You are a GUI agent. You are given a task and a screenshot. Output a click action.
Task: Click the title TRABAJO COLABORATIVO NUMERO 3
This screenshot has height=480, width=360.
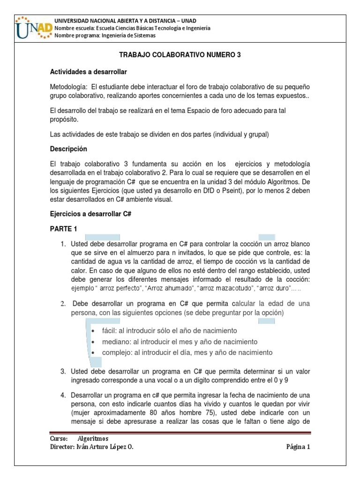[x=180, y=55]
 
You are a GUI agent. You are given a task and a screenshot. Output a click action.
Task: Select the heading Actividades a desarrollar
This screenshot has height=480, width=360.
[x=88, y=72]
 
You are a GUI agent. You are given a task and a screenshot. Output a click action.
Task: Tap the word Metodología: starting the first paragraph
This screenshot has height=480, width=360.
[x=68, y=87]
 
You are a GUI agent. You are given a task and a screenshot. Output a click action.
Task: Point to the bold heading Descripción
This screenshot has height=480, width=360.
[x=68, y=149]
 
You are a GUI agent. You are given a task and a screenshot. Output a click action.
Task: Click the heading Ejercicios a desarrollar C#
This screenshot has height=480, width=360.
[x=90, y=213]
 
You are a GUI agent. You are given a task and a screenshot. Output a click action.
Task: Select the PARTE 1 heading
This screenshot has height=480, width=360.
[x=63, y=229]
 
